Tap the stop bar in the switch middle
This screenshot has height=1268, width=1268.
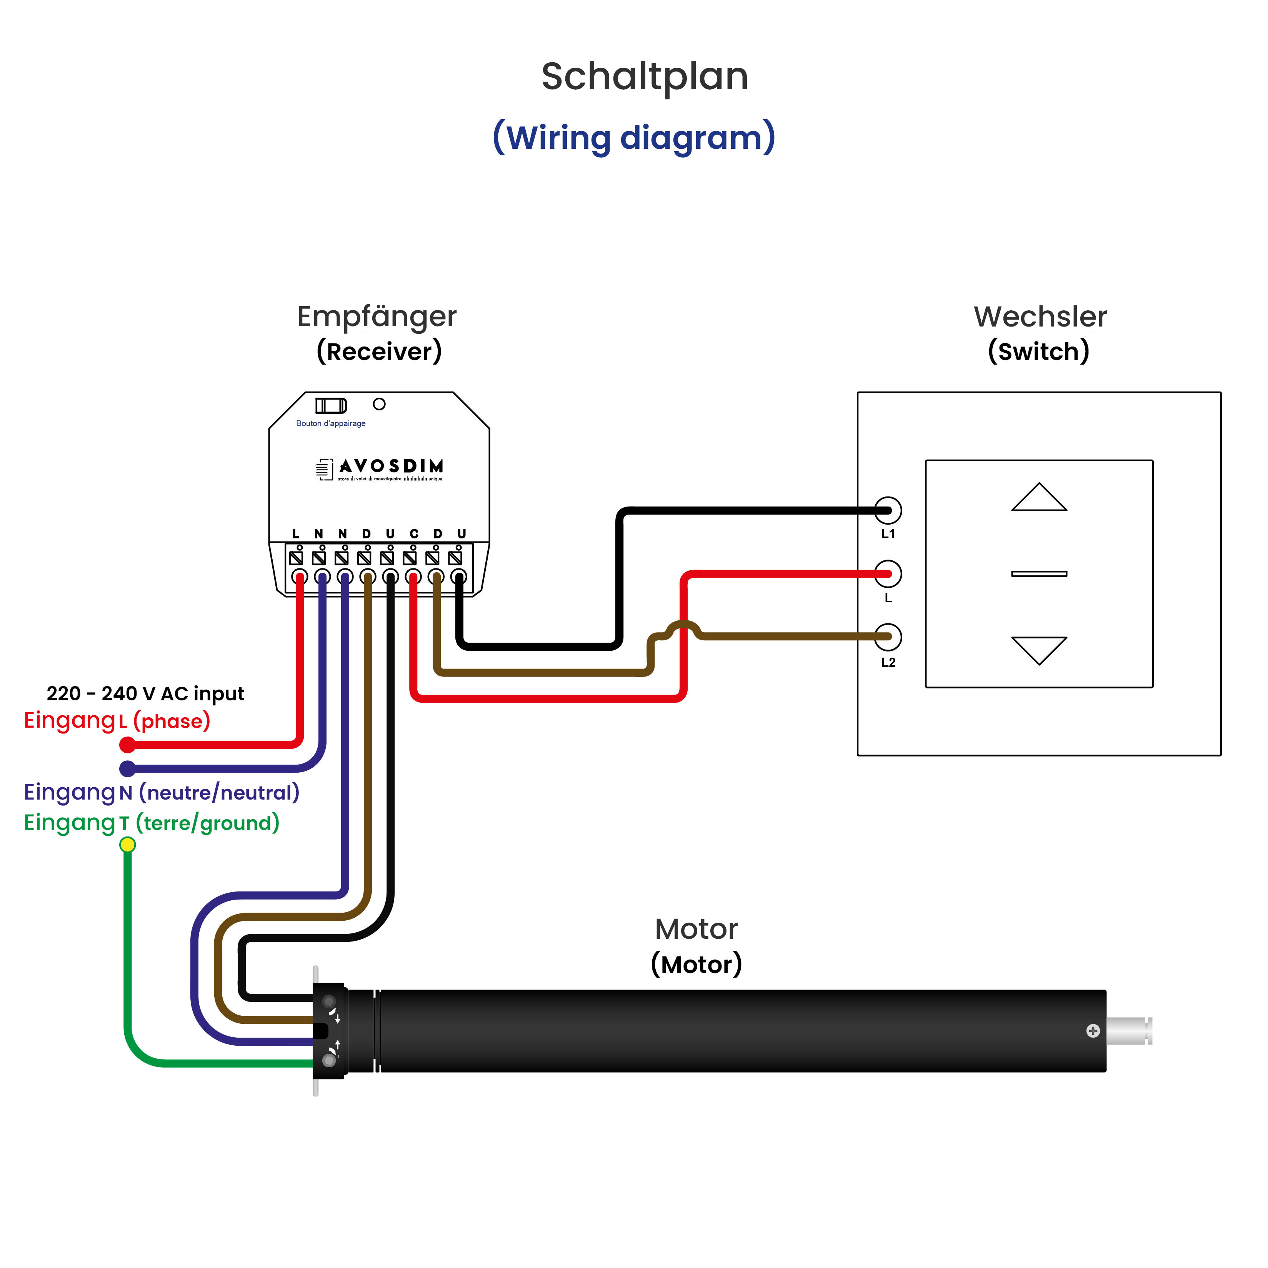pyautogui.click(x=1038, y=574)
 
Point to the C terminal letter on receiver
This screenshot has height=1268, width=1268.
pyautogui.click(x=413, y=533)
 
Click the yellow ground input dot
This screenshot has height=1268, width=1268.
pyautogui.click(x=127, y=845)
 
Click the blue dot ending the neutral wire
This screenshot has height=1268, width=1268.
pyautogui.click(x=127, y=768)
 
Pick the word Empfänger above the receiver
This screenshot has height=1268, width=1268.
pyautogui.click(x=377, y=317)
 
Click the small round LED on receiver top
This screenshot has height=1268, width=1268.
pyautogui.click(x=379, y=404)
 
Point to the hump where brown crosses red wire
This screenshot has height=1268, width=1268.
pyautogui.click(x=683, y=625)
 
